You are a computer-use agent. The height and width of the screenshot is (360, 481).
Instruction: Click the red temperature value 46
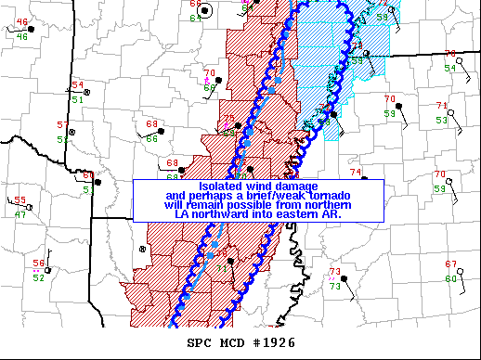(22, 21)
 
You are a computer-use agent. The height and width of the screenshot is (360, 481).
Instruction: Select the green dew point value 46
(22, 36)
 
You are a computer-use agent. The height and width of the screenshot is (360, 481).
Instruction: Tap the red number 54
(77, 85)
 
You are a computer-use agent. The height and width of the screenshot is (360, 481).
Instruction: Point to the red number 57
(62, 124)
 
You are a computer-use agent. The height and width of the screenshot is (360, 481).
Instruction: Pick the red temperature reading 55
(19, 199)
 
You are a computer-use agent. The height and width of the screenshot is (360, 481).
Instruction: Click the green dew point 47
(20, 214)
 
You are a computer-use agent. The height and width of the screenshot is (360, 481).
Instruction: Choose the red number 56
(39, 263)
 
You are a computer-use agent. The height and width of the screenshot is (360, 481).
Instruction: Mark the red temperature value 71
(442, 105)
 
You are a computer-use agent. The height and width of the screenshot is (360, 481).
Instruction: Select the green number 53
(442, 120)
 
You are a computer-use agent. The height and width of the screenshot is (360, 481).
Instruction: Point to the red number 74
(355, 172)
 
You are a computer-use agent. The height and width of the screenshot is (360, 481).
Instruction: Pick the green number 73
(334, 286)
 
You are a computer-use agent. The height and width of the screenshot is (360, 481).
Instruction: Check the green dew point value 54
(449, 68)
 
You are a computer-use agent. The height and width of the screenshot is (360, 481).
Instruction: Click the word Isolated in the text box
(222, 186)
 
